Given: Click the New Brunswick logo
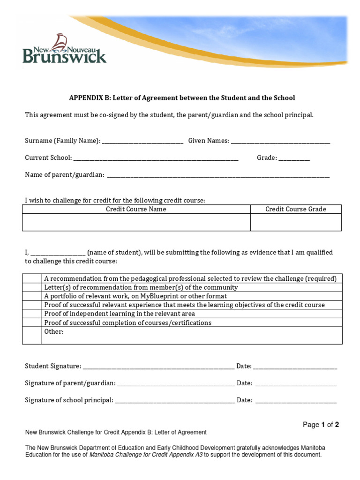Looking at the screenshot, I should [65, 49].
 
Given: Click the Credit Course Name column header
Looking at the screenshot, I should [136, 209].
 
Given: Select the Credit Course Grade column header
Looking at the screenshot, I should [296, 209].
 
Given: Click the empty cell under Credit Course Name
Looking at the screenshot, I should [136, 222].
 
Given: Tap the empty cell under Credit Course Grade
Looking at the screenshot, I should [296, 222].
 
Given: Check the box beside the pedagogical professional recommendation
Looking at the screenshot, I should [32, 278].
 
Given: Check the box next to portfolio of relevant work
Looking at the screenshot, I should [32, 296].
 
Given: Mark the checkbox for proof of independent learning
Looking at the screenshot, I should [32, 314].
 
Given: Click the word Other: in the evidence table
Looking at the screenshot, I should [53, 332].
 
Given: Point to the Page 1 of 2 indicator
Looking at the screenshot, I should [321, 425].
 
